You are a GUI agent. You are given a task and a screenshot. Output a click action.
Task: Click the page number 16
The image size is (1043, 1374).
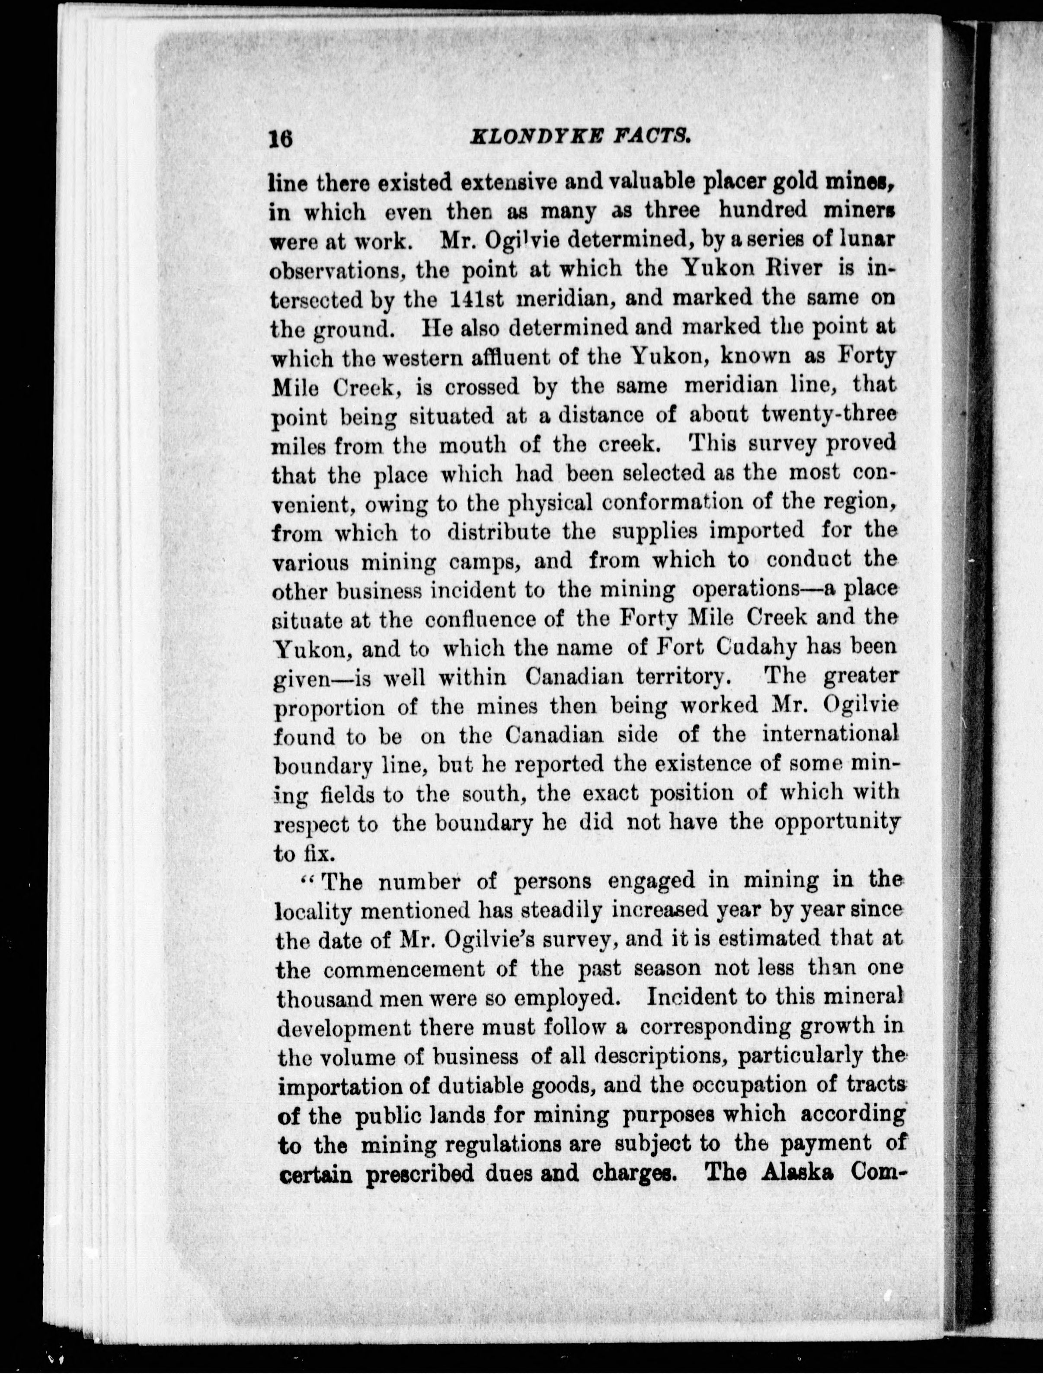281,138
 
